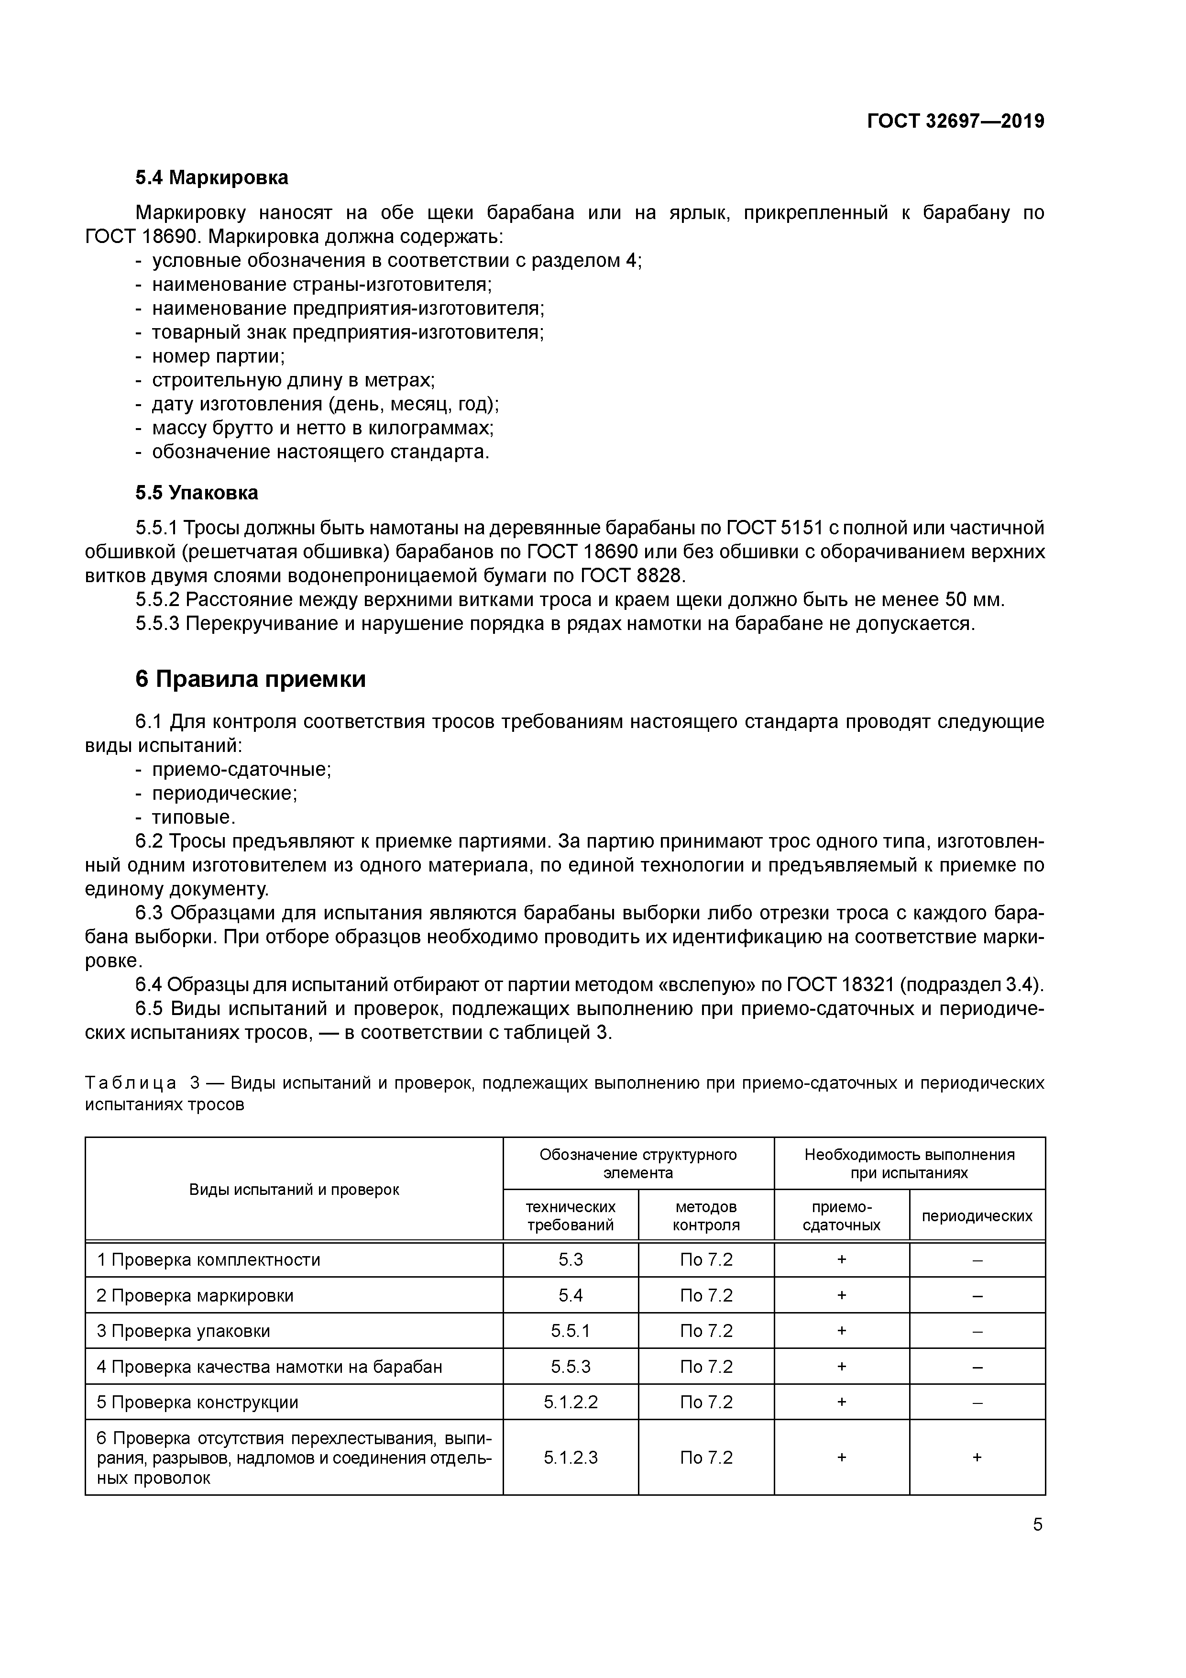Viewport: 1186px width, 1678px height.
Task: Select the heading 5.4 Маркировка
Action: [211, 177]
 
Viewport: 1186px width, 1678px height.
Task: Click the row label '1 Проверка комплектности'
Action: [208, 1260]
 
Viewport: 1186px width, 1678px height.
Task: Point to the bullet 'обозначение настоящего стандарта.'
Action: [320, 453]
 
